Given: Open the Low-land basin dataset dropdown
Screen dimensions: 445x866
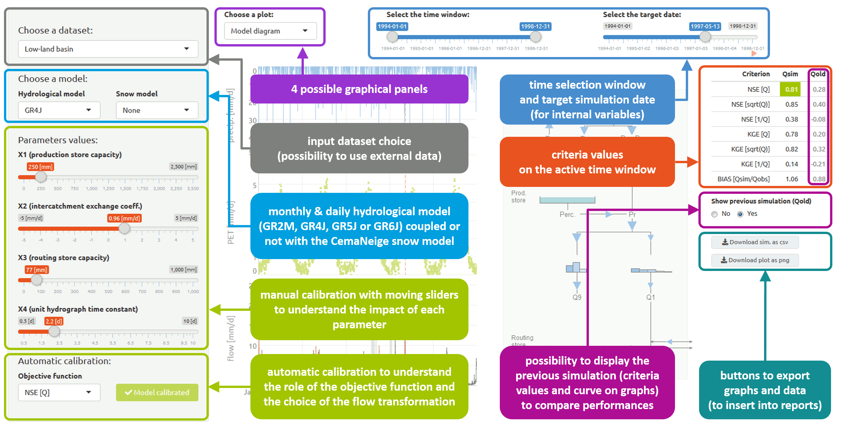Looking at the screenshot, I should click(x=108, y=49).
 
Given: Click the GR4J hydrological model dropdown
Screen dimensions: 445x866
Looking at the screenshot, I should click(x=59, y=110).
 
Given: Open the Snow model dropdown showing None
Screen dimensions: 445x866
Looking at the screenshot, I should click(x=157, y=110).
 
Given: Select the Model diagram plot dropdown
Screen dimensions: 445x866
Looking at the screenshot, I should click(x=270, y=31).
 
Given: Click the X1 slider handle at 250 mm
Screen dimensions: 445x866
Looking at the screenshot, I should click(x=41, y=177).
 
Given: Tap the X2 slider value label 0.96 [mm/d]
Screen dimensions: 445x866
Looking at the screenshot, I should click(x=124, y=218).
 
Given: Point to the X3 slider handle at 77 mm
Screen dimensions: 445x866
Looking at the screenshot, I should click(x=36, y=280).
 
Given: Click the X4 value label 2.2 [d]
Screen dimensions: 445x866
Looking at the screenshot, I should click(x=54, y=321).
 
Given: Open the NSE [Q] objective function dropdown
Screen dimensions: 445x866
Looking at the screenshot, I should click(x=59, y=392).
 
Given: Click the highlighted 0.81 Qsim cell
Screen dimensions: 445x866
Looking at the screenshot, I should click(x=791, y=90).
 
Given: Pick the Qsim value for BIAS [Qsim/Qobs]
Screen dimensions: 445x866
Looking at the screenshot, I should click(x=791, y=179).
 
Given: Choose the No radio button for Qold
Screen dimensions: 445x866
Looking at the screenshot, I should click(x=714, y=214).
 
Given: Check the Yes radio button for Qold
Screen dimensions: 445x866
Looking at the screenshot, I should click(x=740, y=214).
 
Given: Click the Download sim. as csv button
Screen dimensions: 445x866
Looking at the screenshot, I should click(x=755, y=242).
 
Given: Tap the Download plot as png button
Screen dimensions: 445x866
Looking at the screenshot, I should click(x=755, y=260).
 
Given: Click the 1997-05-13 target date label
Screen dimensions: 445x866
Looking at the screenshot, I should click(x=705, y=26).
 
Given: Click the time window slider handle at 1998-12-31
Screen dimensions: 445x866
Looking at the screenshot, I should click(x=535, y=37).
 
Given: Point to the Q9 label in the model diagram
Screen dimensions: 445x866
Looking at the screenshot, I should click(x=577, y=297).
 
